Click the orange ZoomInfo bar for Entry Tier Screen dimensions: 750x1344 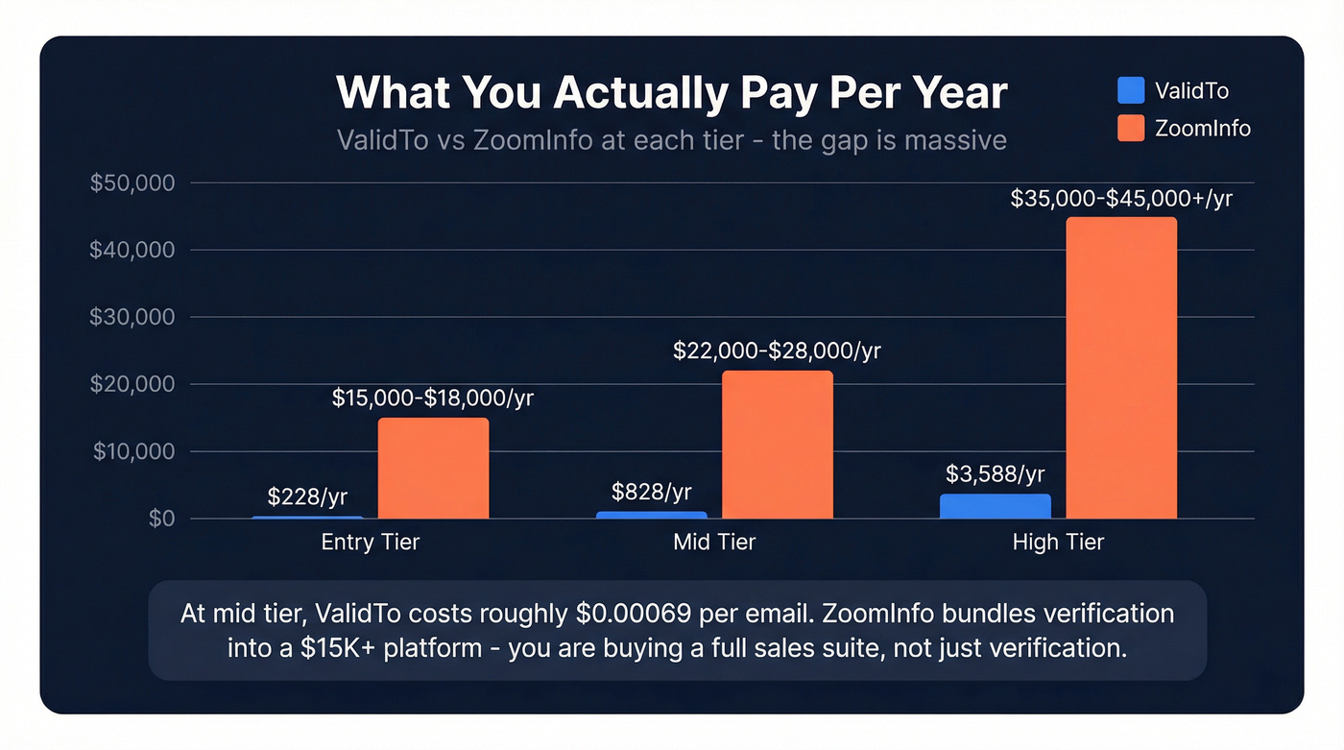click(x=433, y=469)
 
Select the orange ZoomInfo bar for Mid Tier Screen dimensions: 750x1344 click(x=777, y=445)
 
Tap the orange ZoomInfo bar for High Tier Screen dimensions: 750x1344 click(x=1121, y=368)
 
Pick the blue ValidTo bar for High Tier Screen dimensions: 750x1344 click(x=995, y=506)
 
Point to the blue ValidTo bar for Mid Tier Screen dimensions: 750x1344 click(x=652, y=515)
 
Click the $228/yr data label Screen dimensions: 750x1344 click(x=307, y=496)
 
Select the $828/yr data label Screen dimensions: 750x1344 click(x=651, y=492)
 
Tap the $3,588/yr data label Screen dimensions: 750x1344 click(x=995, y=473)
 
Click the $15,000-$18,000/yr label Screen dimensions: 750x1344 click(x=433, y=399)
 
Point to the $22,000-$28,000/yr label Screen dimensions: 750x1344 click(x=777, y=351)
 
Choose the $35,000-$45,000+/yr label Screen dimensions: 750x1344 click(x=1121, y=198)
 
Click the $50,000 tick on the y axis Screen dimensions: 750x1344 click(x=132, y=182)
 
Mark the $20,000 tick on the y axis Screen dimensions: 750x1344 click(x=132, y=384)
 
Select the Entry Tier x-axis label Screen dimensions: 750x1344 click(x=370, y=543)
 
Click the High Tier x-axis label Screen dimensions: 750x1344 click(x=1058, y=543)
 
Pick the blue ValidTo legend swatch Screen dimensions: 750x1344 click(x=1131, y=90)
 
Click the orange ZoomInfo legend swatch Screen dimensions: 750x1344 click(x=1131, y=128)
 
